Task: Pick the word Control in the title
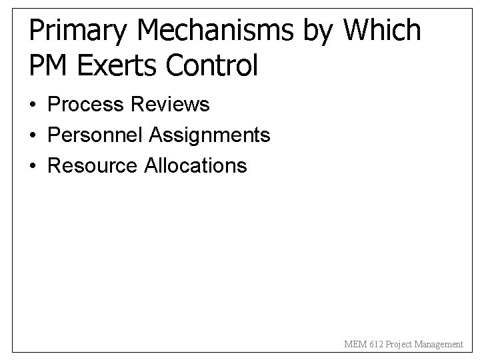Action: [214, 65]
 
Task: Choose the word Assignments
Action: [209, 135]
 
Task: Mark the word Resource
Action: [93, 165]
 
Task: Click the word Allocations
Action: [195, 165]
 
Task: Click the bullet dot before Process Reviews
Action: [33, 105]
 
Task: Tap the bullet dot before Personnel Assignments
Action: [33, 136]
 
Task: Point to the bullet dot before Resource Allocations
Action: [33, 166]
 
